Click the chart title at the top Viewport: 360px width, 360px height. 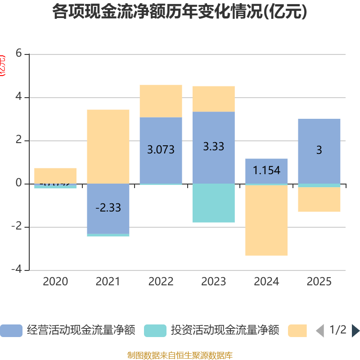(180, 12)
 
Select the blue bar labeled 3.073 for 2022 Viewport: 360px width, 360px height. (161, 150)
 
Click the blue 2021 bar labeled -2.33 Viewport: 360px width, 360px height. (108, 208)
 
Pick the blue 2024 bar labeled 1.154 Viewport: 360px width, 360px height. (266, 171)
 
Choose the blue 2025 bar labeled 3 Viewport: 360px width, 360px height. (319, 151)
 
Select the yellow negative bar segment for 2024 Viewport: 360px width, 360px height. (266, 220)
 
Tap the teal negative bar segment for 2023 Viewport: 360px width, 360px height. (213, 203)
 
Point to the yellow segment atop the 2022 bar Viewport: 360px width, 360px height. (161, 101)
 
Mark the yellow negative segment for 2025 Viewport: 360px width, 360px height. (319, 199)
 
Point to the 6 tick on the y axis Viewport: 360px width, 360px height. (18, 54)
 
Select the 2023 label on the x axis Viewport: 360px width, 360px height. (213, 282)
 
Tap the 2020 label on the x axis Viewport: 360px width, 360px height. (55, 282)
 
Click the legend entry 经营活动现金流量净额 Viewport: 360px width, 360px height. (67, 330)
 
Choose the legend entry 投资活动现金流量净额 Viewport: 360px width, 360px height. (211, 330)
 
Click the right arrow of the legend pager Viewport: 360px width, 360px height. (355, 331)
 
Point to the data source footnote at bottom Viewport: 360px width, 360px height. (180, 355)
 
